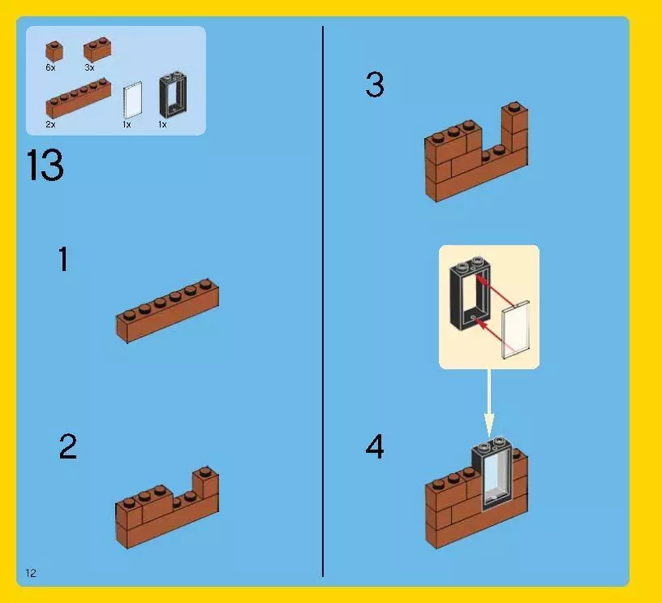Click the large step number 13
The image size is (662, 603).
(45, 165)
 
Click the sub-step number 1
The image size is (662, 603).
(63, 259)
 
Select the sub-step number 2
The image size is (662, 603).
(68, 446)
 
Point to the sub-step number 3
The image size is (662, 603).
(375, 84)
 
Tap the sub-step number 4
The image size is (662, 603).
(375, 446)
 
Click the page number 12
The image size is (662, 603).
(31, 573)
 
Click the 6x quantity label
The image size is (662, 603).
(50, 67)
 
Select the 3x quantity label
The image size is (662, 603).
(89, 67)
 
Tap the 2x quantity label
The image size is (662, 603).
(50, 124)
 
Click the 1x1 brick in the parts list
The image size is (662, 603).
(54, 51)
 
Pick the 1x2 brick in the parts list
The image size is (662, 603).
(97, 50)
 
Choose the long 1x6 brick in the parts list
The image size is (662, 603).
(79, 98)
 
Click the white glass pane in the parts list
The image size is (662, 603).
(132, 101)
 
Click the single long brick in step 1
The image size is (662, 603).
(168, 310)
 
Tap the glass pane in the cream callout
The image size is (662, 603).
(515, 329)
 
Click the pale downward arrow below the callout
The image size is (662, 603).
(489, 403)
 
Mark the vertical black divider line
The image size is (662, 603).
(323, 301)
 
